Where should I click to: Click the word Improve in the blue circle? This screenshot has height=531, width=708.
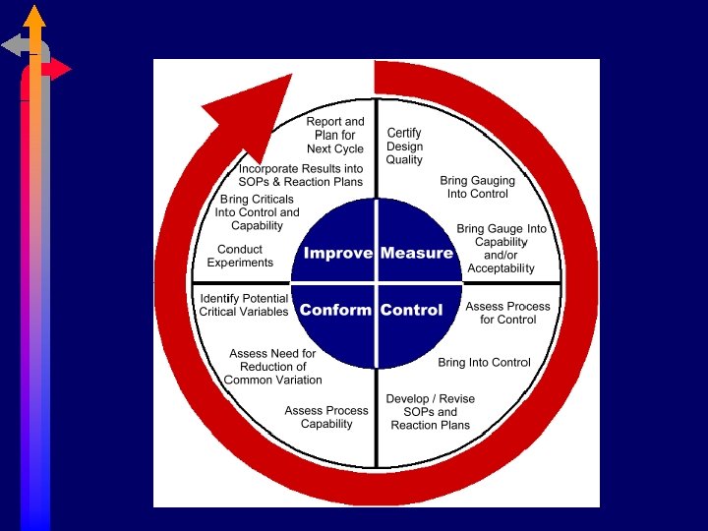[x=337, y=253]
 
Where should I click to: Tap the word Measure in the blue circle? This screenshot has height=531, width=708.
[x=417, y=253]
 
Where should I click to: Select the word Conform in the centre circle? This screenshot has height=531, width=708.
[x=335, y=310]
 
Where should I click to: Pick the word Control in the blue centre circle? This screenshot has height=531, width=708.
[x=411, y=310]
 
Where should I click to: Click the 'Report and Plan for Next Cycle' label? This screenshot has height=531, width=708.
[x=335, y=136]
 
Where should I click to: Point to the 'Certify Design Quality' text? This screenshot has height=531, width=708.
[x=404, y=147]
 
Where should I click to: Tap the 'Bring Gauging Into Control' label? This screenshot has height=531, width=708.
[x=477, y=187]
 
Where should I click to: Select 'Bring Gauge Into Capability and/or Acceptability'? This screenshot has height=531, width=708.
[x=501, y=248]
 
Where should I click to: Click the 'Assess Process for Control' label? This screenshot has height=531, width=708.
[x=507, y=313]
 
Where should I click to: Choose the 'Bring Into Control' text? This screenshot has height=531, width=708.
[x=484, y=363]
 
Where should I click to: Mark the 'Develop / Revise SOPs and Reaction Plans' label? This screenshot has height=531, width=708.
[x=430, y=412]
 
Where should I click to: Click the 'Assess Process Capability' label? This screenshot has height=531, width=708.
[x=326, y=417]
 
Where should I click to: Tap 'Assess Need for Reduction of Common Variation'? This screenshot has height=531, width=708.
[x=272, y=367]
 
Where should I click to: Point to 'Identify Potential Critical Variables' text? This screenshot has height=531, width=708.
[x=244, y=305]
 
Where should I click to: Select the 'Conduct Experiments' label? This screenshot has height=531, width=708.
[x=240, y=256]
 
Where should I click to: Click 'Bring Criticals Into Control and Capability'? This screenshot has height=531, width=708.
[x=257, y=212]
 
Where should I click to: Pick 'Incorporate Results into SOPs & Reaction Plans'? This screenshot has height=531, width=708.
[x=301, y=175]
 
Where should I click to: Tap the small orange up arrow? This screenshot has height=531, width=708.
[x=35, y=17]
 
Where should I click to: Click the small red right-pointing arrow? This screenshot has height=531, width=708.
[x=60, y=69]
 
